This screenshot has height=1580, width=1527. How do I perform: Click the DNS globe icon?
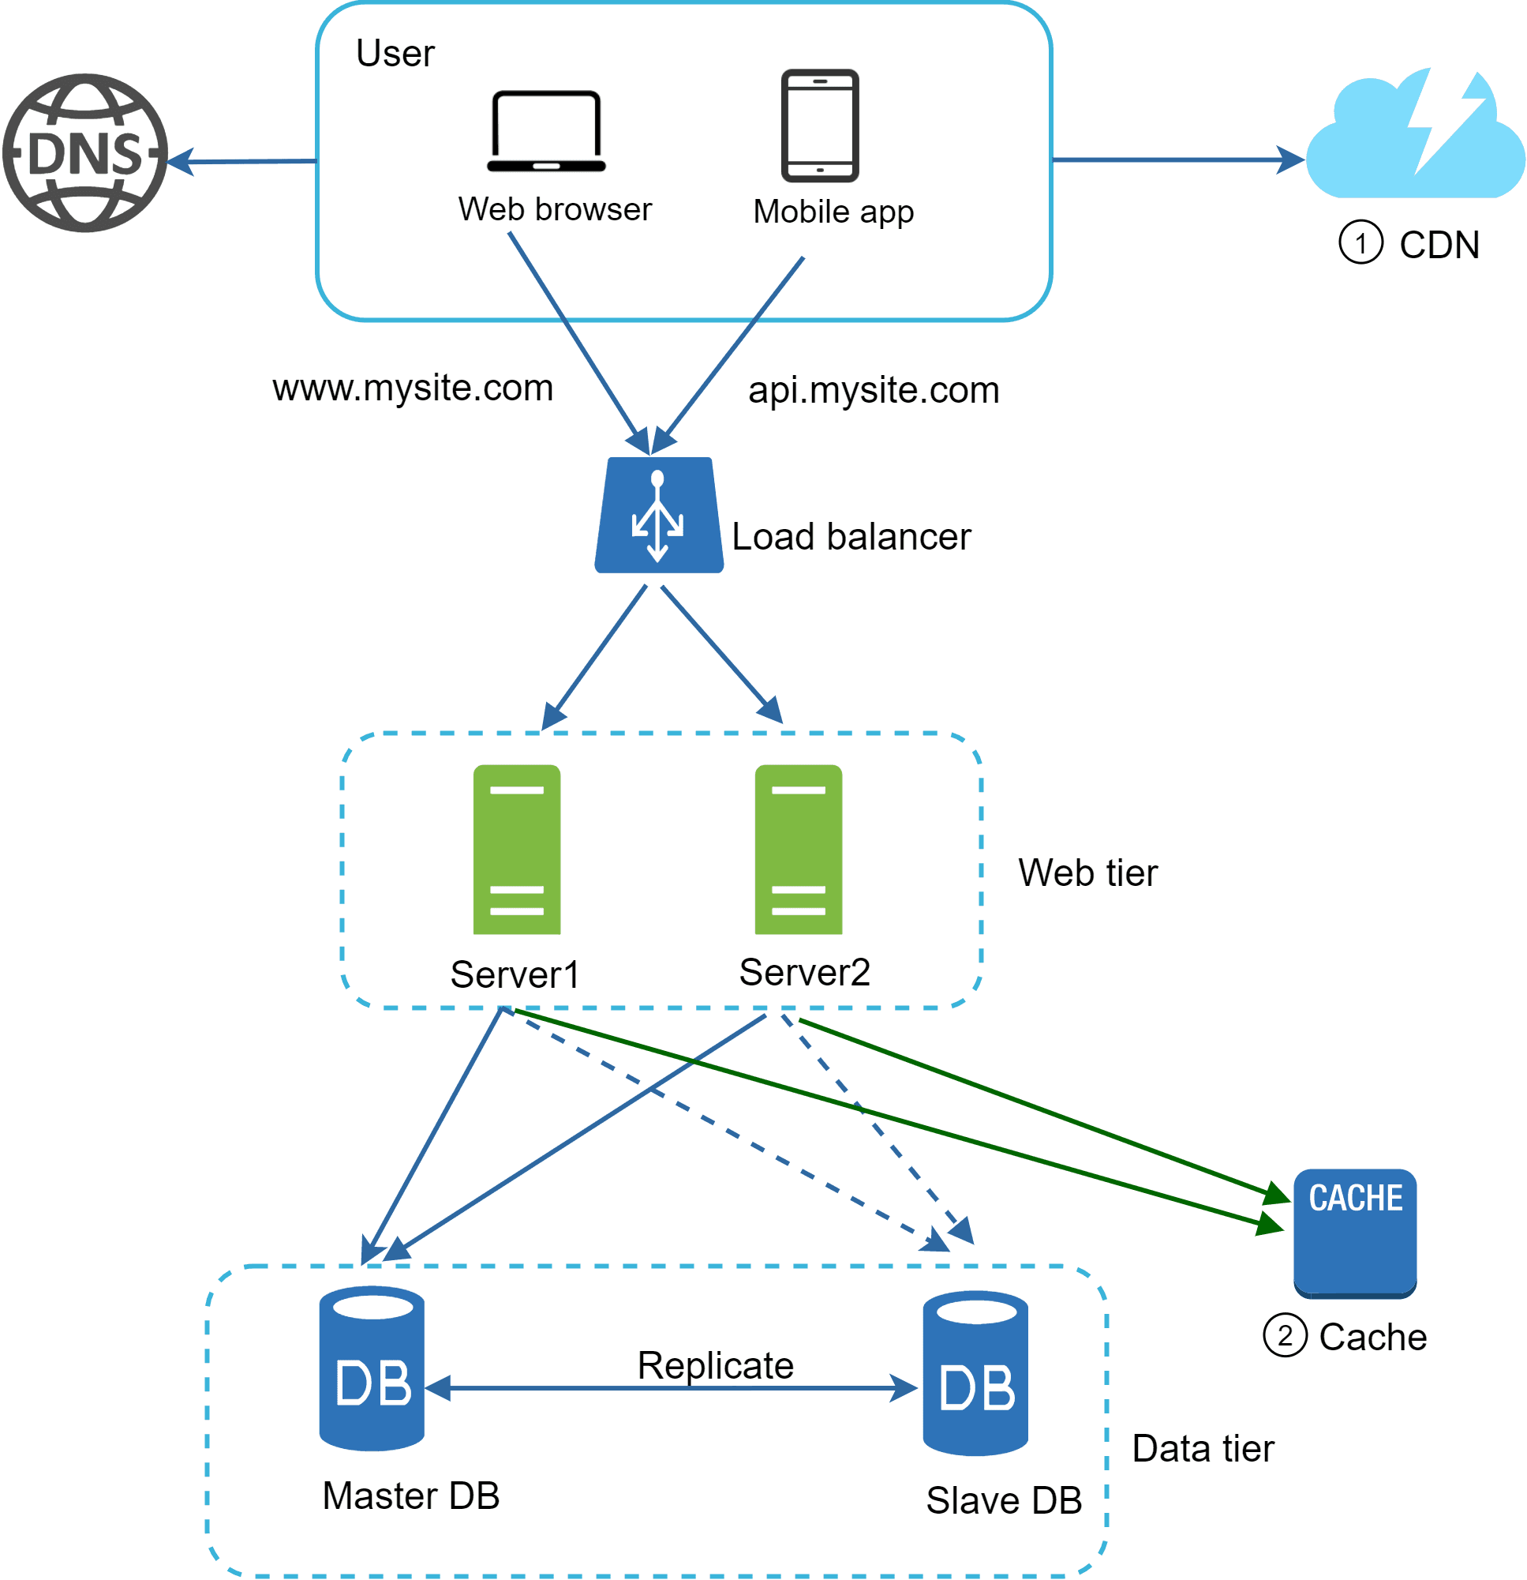point(84,153)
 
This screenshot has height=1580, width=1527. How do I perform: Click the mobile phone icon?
point(819,126)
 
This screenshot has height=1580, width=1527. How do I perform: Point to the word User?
point(395,54)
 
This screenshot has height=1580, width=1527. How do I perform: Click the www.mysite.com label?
point(413,388)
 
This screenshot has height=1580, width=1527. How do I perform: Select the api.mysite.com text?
point(874,391)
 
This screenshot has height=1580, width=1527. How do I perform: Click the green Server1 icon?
point(517,850)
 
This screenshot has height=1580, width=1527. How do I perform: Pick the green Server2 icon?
point(799,850)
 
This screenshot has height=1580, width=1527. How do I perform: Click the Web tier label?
point(1087,874)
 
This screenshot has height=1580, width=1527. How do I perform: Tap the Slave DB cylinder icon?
point(975,1374)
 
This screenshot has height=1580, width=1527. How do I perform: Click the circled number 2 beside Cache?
point(1285,1336)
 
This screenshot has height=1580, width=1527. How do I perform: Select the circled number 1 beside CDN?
point(1360,242)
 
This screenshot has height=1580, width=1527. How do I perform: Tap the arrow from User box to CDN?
point(1177,160)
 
